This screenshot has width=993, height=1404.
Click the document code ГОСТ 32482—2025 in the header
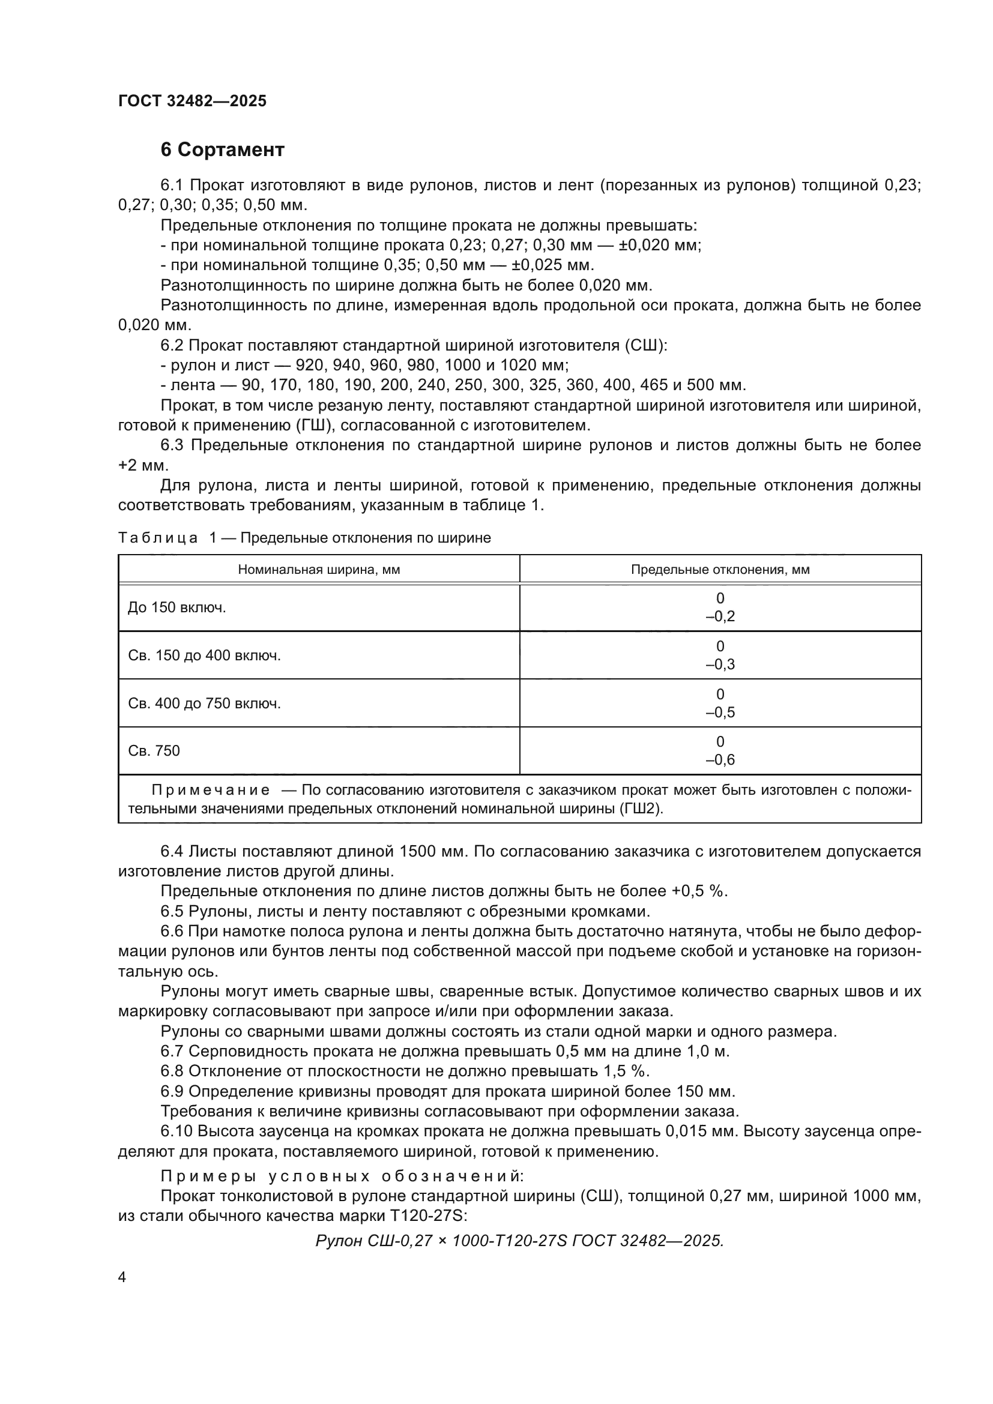pos(192,101)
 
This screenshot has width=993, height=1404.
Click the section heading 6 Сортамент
pos(222,150)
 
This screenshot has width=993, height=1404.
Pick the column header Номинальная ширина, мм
pos(319,570)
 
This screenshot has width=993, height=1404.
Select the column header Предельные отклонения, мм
pos(720,570)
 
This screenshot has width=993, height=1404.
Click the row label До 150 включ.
pos(177,608)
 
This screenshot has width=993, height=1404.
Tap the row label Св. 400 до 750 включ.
pos(204,704)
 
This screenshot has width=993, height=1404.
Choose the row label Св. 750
pos(154,751)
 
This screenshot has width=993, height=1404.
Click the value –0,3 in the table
pos(720,664)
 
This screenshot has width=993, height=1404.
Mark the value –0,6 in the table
pos(720,760)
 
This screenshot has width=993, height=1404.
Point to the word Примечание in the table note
pos(210,791)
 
